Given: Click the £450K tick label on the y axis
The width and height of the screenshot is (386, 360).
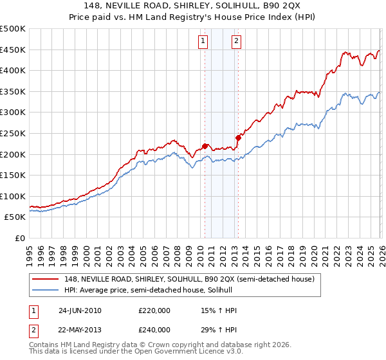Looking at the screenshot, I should [x=13, y=50].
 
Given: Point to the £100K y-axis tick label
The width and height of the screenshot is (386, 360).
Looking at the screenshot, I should [x=13, y=196].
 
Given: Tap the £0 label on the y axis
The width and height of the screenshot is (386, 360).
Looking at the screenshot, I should [x=20, y=238].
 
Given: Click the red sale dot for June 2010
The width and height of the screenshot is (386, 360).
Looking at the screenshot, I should [x=205, y=146].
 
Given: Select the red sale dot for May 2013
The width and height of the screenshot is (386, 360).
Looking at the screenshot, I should [x=238, y=137].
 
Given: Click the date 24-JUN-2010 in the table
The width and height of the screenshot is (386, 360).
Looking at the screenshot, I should [x=80, y=310].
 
